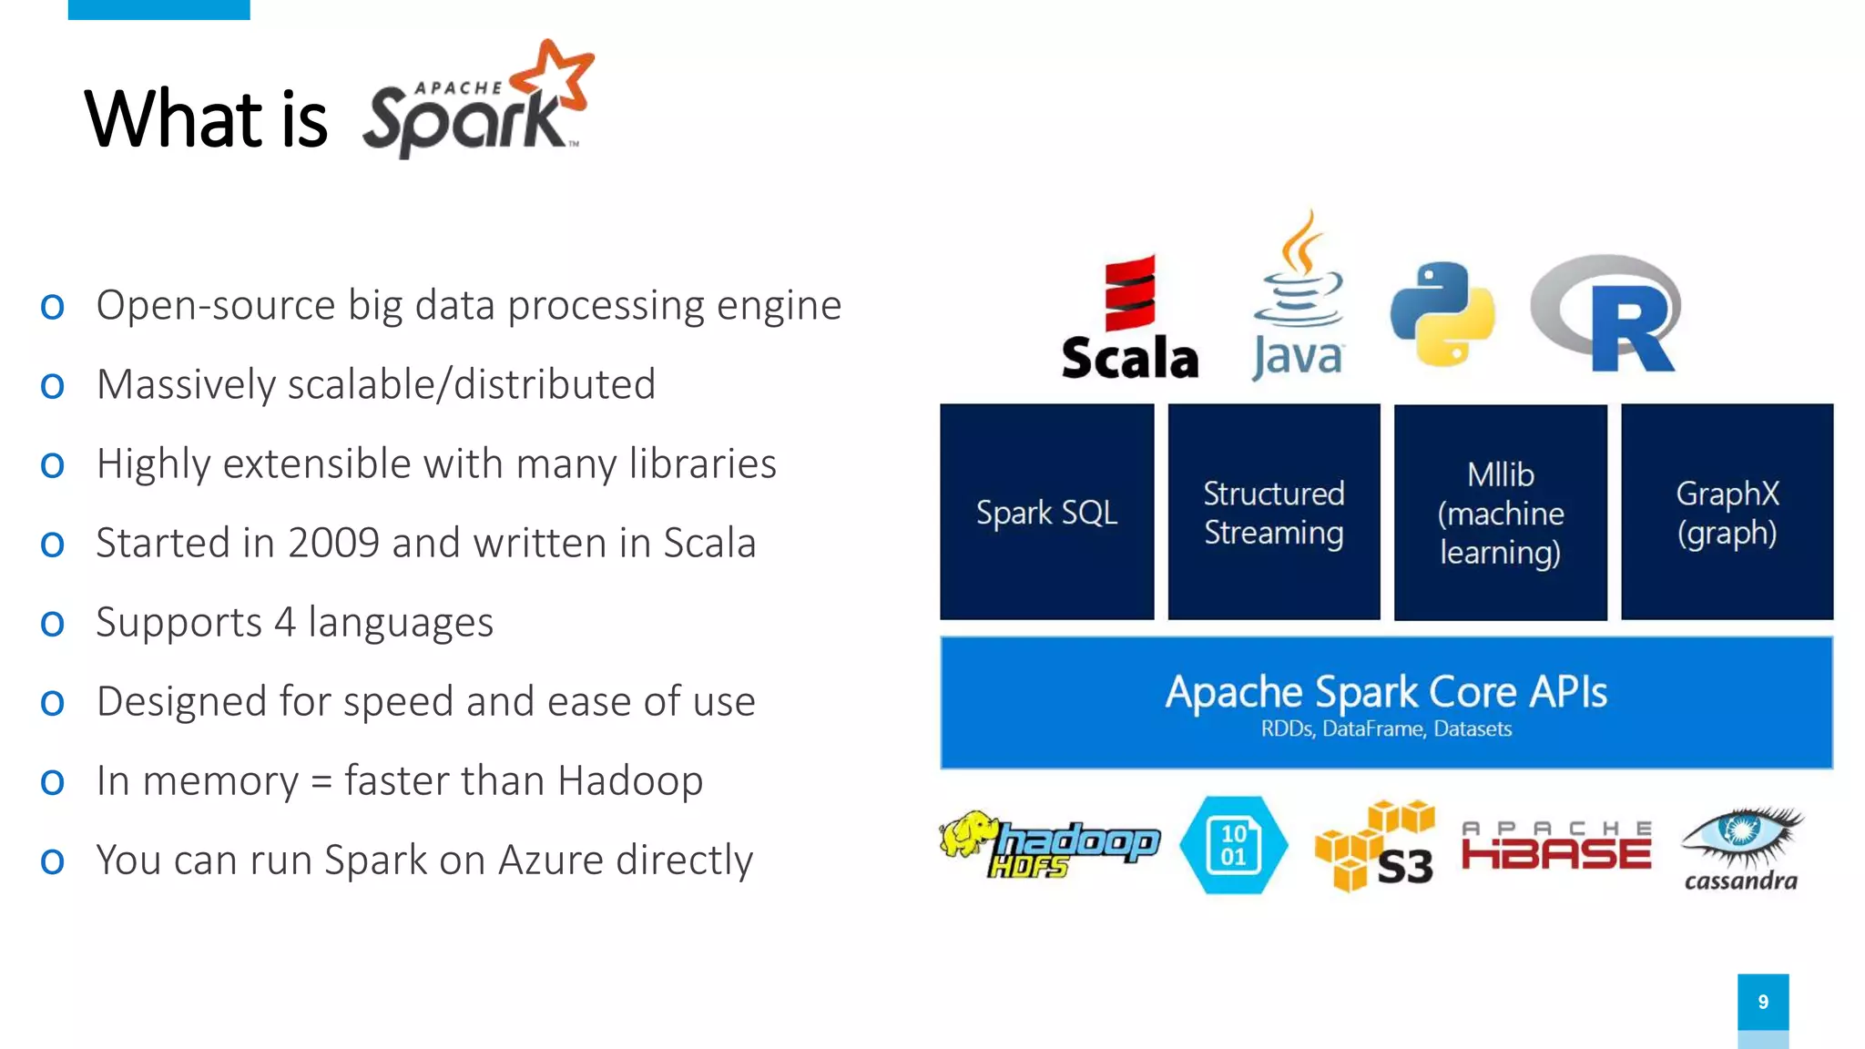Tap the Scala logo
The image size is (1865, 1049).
point(1129,319)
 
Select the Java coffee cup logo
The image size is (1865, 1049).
point(1298,296)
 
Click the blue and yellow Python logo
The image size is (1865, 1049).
point(1442,314)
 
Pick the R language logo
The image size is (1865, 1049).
point(1608,314)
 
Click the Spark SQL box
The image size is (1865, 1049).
point(1046,512)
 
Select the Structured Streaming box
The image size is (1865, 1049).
point(1273,512)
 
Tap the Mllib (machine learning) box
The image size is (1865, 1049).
point(1500,513)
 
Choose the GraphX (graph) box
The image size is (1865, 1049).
point(1727,512)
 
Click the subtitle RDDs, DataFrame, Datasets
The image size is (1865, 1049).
point(1386,729)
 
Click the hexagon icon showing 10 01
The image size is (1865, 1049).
point(1233,845)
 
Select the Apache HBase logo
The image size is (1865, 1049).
point(1556,846)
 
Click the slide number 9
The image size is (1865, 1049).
point(1763,1002)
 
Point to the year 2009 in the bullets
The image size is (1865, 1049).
point(333,544)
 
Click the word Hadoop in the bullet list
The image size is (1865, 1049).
point(630,781)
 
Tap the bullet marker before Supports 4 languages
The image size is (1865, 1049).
point(53,625)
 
